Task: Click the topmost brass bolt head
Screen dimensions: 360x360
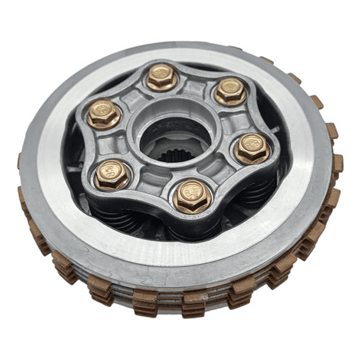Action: (x=161, y=76)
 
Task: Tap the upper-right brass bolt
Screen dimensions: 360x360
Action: (x=230, y=90)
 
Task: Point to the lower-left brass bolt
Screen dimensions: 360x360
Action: (x=112, y=175)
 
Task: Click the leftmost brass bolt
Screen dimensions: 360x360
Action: (x=104, y=113)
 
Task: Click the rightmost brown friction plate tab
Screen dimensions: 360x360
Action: (x=338, y=163)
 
